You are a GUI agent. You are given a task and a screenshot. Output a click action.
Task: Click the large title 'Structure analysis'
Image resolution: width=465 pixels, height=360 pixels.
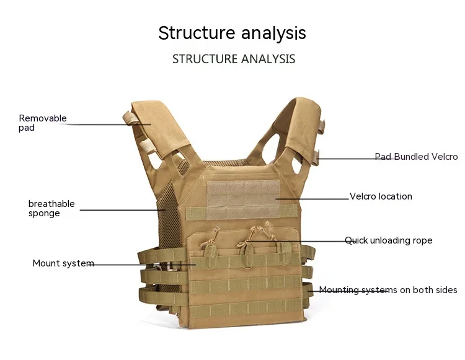[232, 33]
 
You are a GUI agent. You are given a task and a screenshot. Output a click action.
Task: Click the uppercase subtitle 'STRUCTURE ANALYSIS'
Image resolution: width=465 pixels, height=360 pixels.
[234, 59]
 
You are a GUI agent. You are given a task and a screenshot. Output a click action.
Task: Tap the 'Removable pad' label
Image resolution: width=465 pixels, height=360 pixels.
[42, 123]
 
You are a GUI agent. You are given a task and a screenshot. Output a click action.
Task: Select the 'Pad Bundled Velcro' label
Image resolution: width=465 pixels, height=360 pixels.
[416, 157]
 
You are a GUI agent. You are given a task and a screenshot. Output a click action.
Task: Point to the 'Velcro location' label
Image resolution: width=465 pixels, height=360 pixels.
[381, 196]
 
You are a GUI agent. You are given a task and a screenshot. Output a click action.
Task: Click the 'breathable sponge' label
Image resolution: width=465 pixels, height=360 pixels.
[51, 208]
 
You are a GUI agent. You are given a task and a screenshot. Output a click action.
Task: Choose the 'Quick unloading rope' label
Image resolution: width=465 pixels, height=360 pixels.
[389, 240]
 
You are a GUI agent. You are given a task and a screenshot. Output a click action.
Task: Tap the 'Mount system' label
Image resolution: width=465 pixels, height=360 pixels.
[63, 263]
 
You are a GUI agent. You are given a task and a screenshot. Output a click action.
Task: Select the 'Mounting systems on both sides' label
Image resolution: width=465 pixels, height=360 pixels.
[388, 290]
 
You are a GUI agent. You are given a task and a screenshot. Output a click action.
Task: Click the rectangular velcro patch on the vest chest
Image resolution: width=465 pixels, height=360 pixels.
[242, 200]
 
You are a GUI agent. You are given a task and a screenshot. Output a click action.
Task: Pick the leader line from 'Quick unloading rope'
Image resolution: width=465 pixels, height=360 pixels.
[310, 241]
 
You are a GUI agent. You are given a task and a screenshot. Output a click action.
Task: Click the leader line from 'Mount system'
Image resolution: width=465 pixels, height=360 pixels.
[143, 265]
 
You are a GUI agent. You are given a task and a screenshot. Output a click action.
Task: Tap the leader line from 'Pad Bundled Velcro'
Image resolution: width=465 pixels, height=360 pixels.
[347, 159]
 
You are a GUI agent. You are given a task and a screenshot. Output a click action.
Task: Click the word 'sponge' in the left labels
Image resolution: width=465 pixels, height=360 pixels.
[44, 214]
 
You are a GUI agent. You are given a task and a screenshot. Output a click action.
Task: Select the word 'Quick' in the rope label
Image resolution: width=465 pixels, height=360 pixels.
[356, 240]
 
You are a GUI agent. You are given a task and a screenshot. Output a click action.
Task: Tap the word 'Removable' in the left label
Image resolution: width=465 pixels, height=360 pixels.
[43, 118]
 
